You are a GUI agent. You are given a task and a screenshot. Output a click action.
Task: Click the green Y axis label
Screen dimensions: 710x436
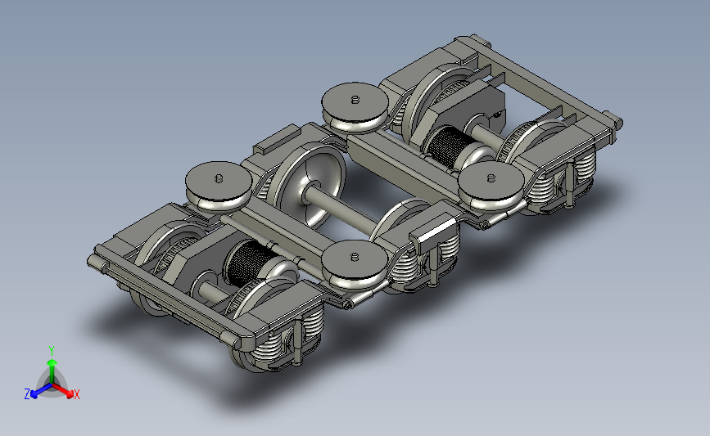[x=52, y=351]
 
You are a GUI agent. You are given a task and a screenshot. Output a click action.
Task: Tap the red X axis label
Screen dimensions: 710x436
[x=76, y=394]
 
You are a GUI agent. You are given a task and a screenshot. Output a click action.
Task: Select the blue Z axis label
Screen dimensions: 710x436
[x=27, y=394]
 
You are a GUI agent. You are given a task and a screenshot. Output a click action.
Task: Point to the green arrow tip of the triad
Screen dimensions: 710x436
[x=52, y=362]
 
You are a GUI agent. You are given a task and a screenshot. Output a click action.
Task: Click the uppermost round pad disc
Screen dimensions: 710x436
[x=355, y=106]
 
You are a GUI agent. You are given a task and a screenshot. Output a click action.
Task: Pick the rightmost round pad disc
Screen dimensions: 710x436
[x=491, y=186]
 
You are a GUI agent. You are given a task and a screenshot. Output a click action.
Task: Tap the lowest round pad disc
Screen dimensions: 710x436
[x=355, y=264]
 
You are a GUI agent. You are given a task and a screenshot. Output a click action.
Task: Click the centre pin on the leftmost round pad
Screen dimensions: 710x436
[x=219, y=178]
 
